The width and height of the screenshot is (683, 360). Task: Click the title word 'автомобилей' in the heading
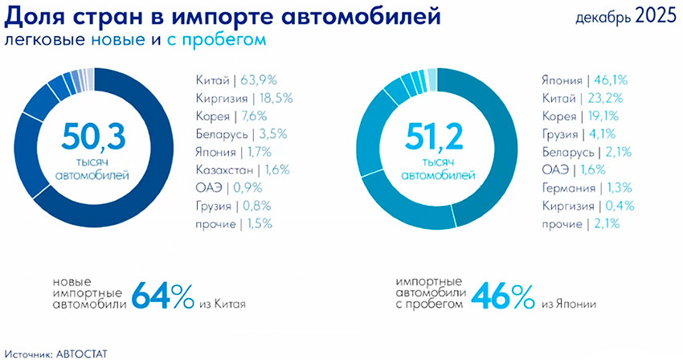365,14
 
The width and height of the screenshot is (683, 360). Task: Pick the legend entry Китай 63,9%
237,80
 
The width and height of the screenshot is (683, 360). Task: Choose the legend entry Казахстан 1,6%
242,170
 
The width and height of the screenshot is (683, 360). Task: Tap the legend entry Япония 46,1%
584,80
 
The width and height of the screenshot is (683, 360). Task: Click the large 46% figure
503,296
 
